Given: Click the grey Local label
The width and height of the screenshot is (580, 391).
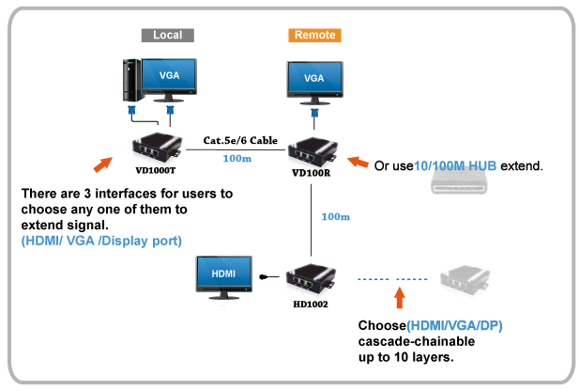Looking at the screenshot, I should [167, 35].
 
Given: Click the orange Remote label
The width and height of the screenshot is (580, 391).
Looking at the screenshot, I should [314, 35].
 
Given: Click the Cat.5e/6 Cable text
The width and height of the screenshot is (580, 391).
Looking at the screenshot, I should [240, 140].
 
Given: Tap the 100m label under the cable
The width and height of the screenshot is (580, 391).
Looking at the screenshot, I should [237, 159].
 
